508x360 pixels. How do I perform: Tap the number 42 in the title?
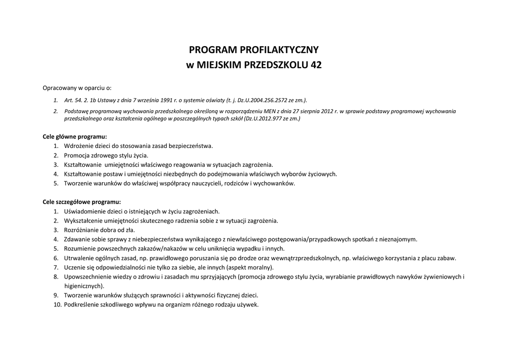[x=316, y=65]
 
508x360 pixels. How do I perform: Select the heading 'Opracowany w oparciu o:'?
[x=77, y=88]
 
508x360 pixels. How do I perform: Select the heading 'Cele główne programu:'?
[x=74, y=136]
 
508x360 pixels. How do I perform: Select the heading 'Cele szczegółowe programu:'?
[x=81, y=202]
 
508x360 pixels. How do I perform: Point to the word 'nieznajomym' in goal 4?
[x=398, y=239]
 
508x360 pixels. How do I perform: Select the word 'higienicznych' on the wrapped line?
[x=83, y=286]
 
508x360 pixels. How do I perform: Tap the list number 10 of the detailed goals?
[x=57, y=304]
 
